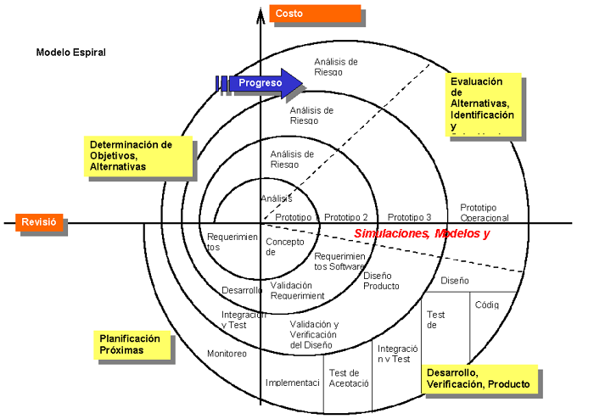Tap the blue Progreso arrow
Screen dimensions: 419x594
pyautogui.click(x=263, y=83)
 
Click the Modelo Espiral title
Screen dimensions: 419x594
pyautogui.click(x=70, y=52)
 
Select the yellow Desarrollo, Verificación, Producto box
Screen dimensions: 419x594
pyautogui.click(x=479, y=378)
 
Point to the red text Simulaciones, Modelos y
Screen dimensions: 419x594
pyautogui.click(x=422, y=233)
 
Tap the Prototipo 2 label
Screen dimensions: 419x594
pyautogui.click(x=346, y=217)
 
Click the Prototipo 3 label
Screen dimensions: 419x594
pyautogui.click(x=409, y=217)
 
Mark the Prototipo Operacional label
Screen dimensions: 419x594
pyautogui.click(x=485, y=212)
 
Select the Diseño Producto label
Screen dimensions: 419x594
pyautogui.click(x=381, y=281)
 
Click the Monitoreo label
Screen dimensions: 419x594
pyautogui.click(x=227, y=353)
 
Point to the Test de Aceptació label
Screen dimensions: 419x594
pyautogui.click(x=348, y=377)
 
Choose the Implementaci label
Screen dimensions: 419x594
pyautogui.click(x=292, y=383)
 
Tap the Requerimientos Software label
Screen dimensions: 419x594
pyautogui.click(x=339, y=261)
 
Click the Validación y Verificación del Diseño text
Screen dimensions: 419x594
pyautogui.click(x=314, y=334)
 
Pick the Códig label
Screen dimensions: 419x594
pyautogui.click(x=486, y=304)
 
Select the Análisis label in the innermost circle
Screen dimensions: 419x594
pyautogui.click(x=277, y=198)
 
